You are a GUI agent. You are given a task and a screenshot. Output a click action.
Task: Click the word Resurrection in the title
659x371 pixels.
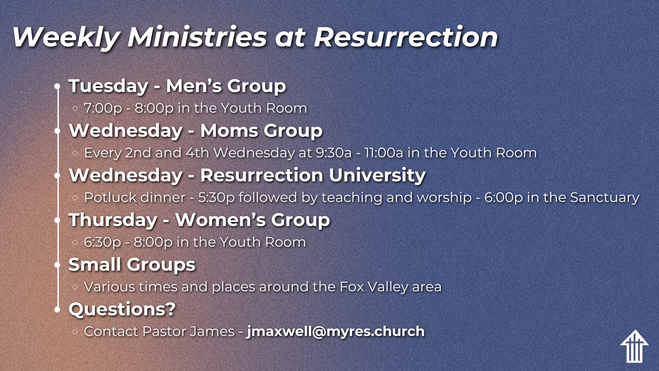(x=406, y=37)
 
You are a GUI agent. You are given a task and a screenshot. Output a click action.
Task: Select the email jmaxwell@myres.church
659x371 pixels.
(x=336, y=331)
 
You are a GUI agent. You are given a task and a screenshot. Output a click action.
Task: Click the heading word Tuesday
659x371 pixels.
(x=108, y=86)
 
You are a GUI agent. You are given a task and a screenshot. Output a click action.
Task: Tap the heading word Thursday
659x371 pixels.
(x=113, y=220)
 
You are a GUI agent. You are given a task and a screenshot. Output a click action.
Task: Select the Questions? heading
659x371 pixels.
(x=122, y=309)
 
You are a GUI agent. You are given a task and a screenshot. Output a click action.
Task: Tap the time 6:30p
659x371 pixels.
(x=102, y=243)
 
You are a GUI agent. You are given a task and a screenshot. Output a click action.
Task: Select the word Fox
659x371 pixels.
(x=351, y=287)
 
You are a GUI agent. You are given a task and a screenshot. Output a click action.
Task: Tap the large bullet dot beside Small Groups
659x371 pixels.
(x=57, y=265)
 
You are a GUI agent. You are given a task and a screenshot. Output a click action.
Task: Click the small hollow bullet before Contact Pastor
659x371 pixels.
(x=75, y=332)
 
